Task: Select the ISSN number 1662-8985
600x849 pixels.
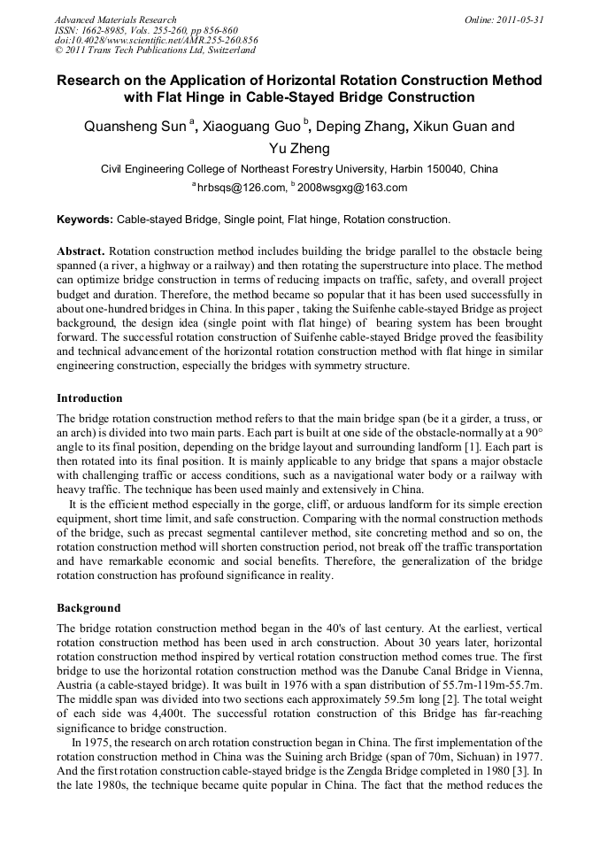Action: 97,30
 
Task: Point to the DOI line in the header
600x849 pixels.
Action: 156,41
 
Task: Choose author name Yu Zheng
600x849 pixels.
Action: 300,149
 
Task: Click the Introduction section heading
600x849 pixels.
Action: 89,398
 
